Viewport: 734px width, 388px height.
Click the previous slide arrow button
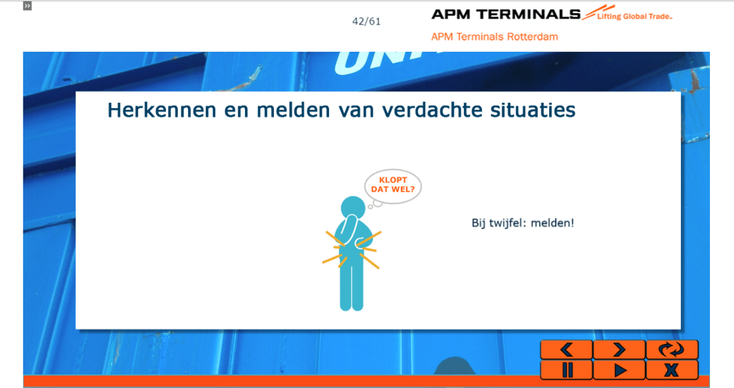tap(566, 349)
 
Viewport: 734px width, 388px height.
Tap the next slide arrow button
tap(619, 349)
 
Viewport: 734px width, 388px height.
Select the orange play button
tap(619, 370)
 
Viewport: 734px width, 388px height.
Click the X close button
tap(672, 370)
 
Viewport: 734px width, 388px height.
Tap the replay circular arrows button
tap(672, 349)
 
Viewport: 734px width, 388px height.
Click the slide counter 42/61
tap(366, 22)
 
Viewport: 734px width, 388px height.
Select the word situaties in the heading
tap(533, 110)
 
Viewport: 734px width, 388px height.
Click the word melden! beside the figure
tap(552, 223)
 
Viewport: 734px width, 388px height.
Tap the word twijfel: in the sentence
tap(507, 223)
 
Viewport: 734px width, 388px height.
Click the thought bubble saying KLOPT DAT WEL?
tap(393, 186)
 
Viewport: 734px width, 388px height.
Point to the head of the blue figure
tap(353, 208)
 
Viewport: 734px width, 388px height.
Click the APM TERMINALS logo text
tap(506, 15)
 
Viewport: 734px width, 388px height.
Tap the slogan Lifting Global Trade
tap(634, 16)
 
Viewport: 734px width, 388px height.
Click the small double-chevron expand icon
tap(28, 6)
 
